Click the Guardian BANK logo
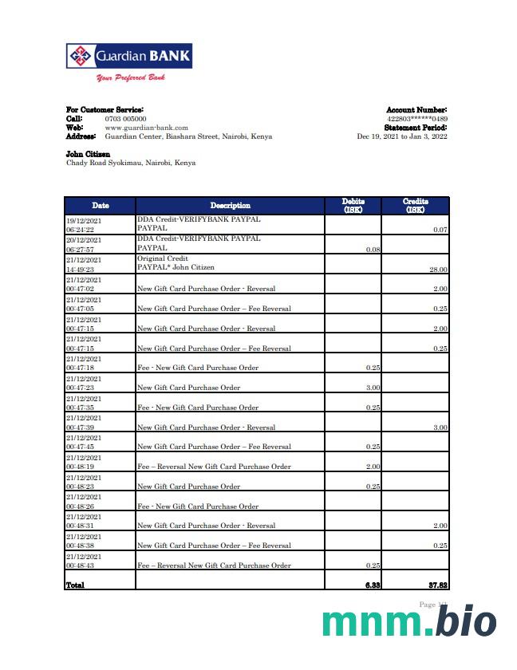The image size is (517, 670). click(x=128, y=57)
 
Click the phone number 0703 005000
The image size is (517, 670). click(x=125, y=119)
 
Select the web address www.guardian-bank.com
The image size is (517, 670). click(x=146, y=128)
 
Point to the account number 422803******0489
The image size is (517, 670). click(x=416, y=119)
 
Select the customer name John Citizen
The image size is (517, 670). click(x=88, y=154)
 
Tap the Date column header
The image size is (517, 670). click(x=100, y=206)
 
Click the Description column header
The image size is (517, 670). click(x=230, y=206)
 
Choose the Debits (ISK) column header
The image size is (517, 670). click(x=353, y=206)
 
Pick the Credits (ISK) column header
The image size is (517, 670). click(x=415, y=206)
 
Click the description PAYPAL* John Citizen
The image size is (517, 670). click(x=176, y=268)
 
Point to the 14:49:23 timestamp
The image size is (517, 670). click(x=80, y=270)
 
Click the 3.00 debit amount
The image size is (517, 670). click(x=373, y=388)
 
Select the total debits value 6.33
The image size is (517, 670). click(x=371, y=585)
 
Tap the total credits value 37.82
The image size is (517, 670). click(x=436, y=585)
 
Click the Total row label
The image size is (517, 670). click(x=75, y=585)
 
